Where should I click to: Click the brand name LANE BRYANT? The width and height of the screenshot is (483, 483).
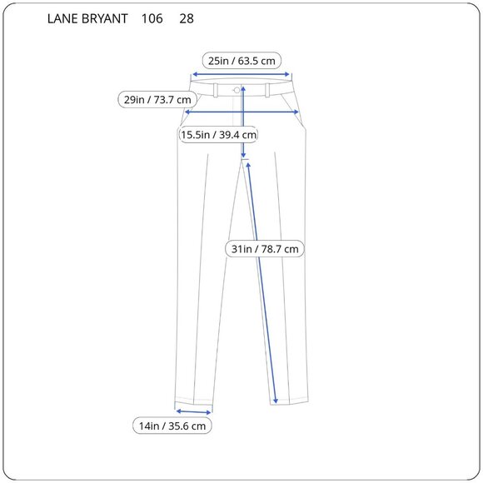87,18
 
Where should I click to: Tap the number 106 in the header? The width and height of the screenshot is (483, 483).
152,18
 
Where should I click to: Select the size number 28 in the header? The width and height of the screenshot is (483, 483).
187,18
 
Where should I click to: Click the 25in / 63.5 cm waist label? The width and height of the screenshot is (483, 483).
242,60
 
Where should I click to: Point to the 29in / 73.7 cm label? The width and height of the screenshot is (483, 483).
157,100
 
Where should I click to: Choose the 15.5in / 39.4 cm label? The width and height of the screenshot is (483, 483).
219,134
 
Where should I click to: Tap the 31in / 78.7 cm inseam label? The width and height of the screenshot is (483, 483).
265,248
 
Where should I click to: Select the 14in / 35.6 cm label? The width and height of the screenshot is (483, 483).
172,426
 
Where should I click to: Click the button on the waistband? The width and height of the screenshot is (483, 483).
237,89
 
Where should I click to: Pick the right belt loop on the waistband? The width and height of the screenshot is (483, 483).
267,89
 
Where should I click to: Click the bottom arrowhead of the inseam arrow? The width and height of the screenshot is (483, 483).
275,402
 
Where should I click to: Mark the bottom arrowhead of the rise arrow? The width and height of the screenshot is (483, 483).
244,157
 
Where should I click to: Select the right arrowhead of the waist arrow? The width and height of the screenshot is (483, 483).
291,72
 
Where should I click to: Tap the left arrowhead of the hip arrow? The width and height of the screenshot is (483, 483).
187,111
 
